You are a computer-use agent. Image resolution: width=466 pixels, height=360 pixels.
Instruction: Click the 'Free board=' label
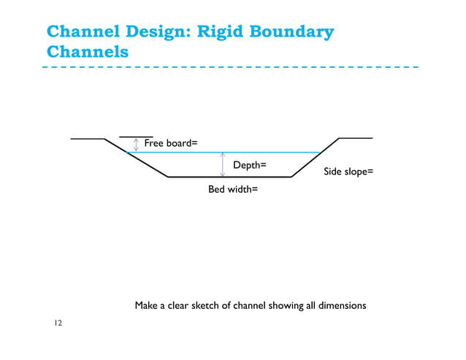tap(171, 143)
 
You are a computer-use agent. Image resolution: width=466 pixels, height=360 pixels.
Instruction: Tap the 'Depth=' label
tap(249, 166)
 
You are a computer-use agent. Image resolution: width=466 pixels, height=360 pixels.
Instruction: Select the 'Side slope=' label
tap(348, 172)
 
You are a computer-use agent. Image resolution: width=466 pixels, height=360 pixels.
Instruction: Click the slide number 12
tap(57, 323)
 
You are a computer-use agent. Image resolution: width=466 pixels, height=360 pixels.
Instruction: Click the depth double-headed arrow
tap(222, 164)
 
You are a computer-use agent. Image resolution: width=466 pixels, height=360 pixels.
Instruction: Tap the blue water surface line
tap(278, 153)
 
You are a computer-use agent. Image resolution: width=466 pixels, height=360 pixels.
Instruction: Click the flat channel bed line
tap(230, 177)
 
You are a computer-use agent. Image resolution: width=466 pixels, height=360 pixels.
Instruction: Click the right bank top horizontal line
tap(356, 138)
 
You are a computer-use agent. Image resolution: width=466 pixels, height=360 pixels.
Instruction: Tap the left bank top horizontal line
tap(87, 138)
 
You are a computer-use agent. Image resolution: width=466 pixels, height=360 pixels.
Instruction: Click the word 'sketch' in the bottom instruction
tap(207, 305)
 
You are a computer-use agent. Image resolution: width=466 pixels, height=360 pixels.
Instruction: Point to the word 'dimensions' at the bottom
tap(337, 305)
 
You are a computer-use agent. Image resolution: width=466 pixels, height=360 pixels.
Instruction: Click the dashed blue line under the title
tap(230, 67)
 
